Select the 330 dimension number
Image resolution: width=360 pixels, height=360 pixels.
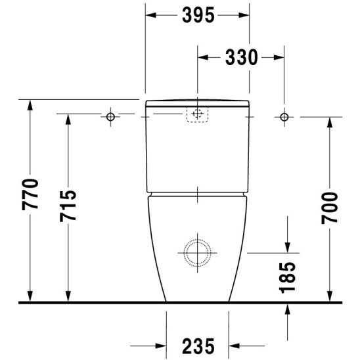[240, 58]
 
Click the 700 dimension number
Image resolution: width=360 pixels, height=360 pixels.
[330, 208]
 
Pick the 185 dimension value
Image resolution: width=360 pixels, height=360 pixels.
[287, 277]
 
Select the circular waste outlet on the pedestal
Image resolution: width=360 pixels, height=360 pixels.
[196, 250]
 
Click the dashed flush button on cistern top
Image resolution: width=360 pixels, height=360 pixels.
[196, 114]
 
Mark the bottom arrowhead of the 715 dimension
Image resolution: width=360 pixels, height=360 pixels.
[68, 298]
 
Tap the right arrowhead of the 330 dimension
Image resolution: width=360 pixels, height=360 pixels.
[279, 58]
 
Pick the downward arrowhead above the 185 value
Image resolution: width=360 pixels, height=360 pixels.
[287, 246]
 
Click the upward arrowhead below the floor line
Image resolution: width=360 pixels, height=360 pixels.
[287, 309]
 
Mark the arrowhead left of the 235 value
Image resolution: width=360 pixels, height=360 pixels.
[160, 345]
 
